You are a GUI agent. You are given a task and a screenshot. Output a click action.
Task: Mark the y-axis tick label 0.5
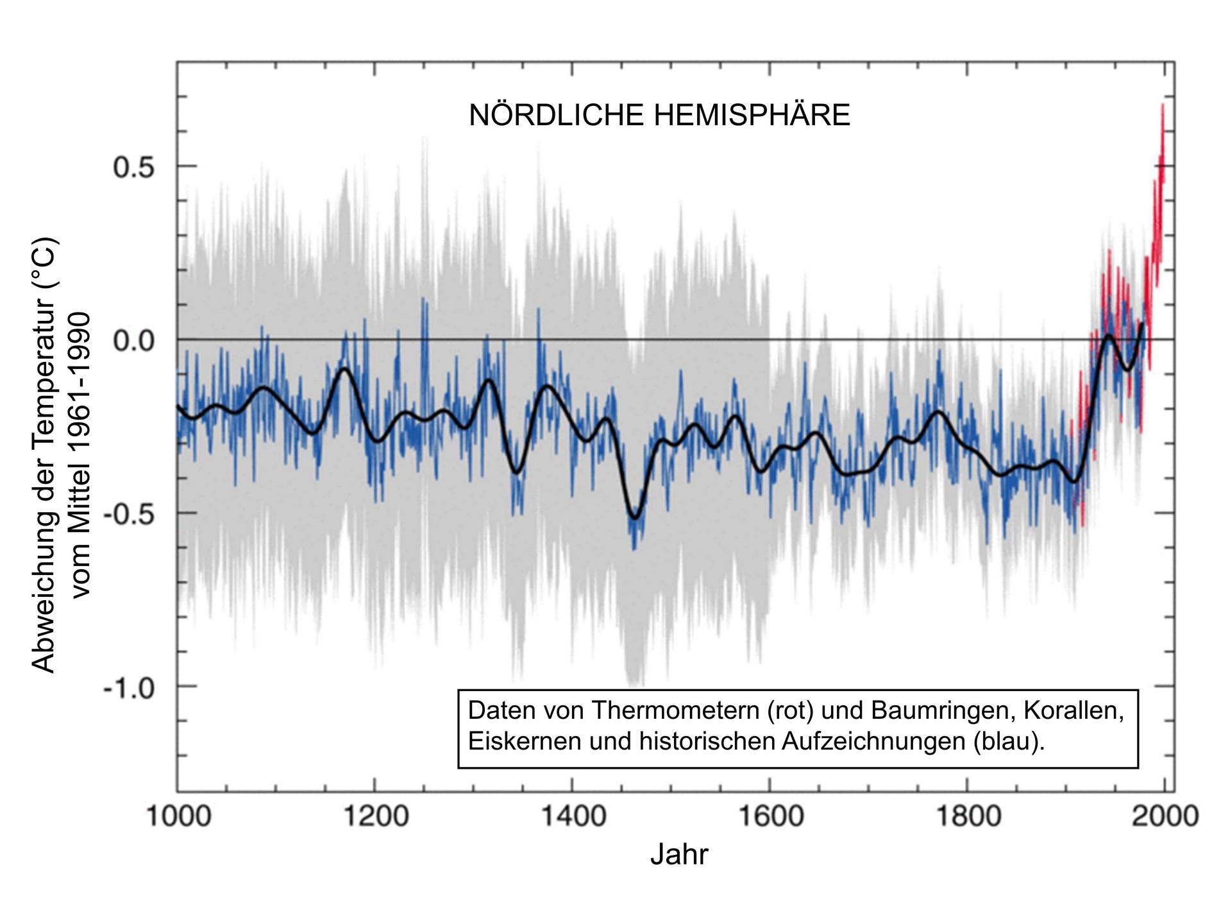click(x=134, y=167)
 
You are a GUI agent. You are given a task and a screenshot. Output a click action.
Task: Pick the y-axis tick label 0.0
click(x=134, y=341)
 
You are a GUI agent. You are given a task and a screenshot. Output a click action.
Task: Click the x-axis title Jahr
click(x=679, y=855)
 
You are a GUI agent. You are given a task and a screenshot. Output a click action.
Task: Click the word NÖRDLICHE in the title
click(x=556, y=116)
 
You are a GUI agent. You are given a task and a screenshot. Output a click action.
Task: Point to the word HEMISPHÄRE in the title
click(x=752, y=116)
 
